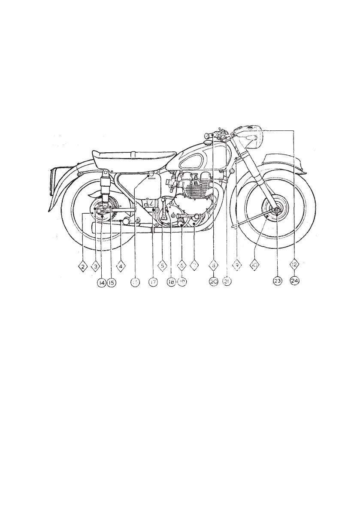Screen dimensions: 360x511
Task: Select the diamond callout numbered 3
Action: (95, 266)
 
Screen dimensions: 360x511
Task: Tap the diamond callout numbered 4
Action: (121, 266)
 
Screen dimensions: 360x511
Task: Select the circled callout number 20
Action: (214, 282)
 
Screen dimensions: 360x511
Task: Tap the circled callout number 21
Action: (227, 282)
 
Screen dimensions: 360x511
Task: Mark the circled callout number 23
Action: (277, 282)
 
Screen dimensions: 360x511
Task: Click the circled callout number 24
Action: (294, 282)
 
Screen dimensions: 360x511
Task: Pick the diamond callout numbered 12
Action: (294, 266)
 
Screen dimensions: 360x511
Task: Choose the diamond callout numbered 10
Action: (255, 266)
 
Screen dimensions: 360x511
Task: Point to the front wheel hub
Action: (275, 211)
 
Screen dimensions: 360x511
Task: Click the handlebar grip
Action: (210, 136)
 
